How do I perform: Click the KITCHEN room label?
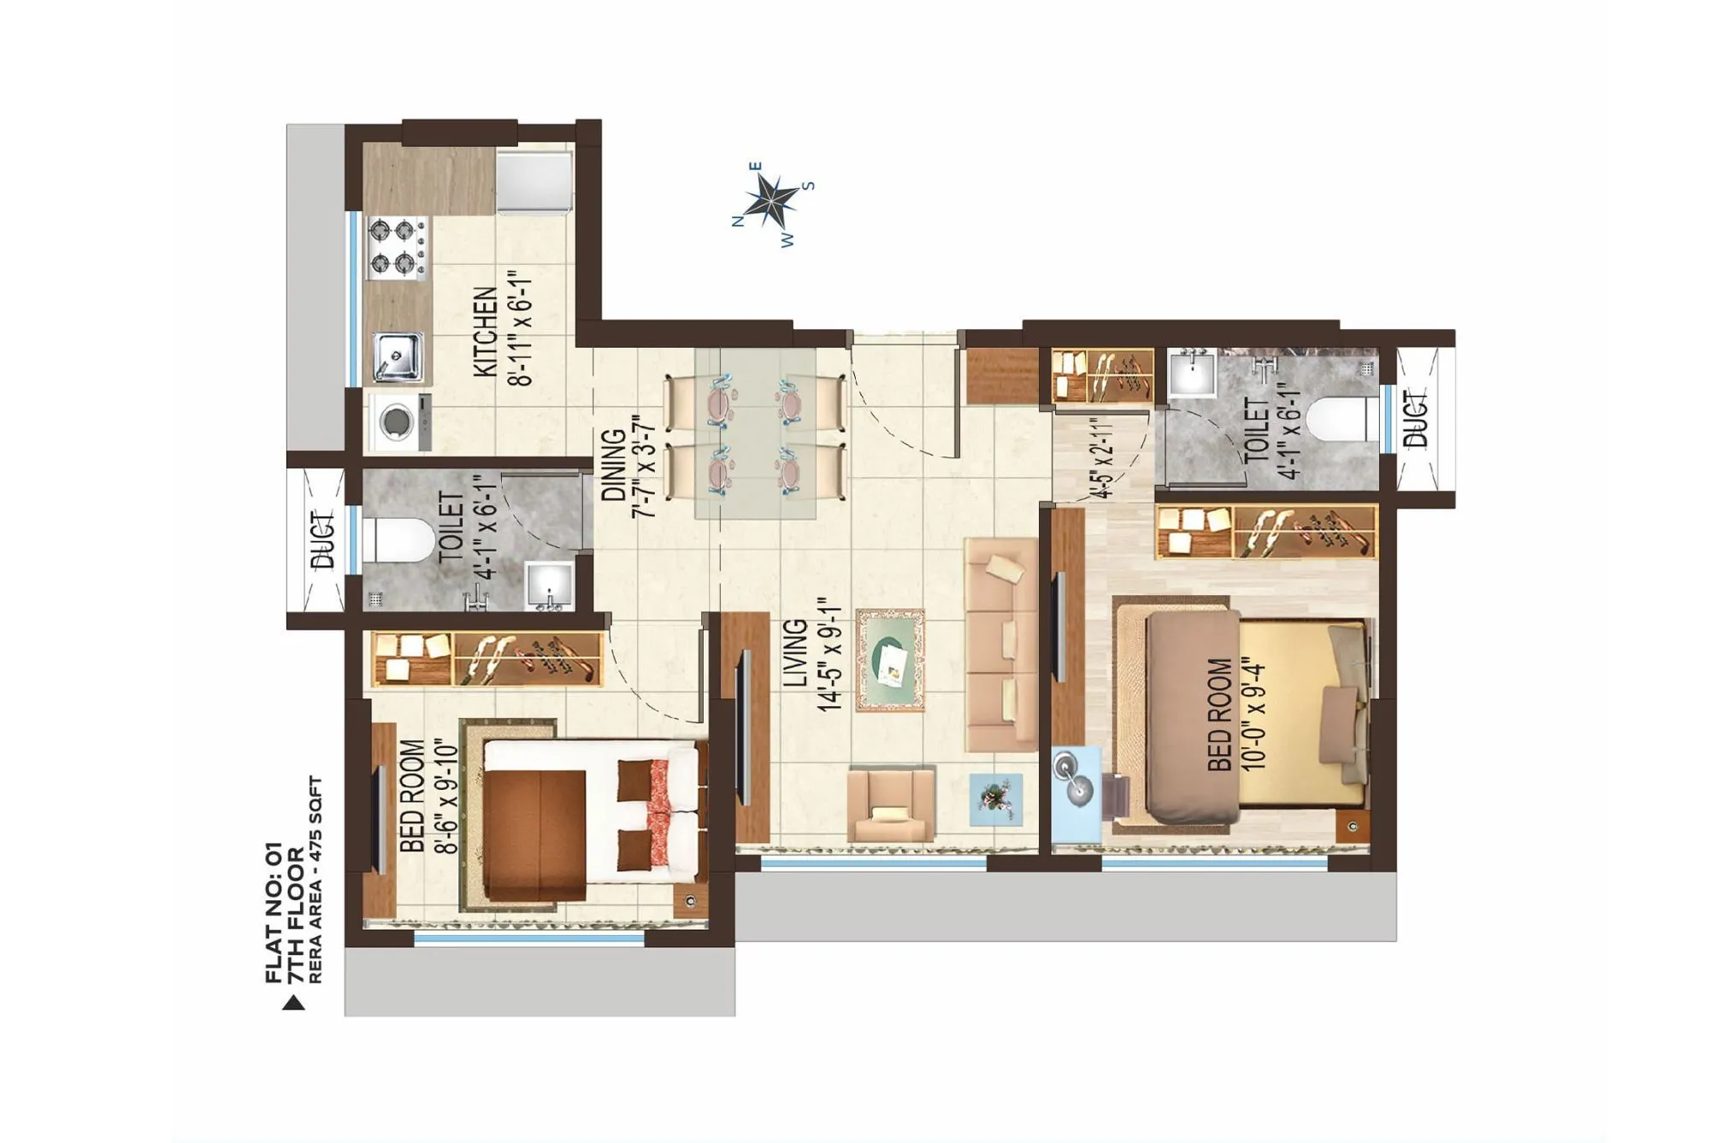(x=485, y=332)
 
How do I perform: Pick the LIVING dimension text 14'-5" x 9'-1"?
(x=829, y=654)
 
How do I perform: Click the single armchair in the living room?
(x=890, y=804)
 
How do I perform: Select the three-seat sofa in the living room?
(x=1000, y=645)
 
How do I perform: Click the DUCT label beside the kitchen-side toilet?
(x=322, y=540)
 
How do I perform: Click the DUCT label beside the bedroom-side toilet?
(x=1417, y=419)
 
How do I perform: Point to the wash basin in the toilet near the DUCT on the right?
(x=1191, y=374)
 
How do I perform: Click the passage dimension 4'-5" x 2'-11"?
(x=1102, y=457)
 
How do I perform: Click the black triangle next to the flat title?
(x=293, y=1003)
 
